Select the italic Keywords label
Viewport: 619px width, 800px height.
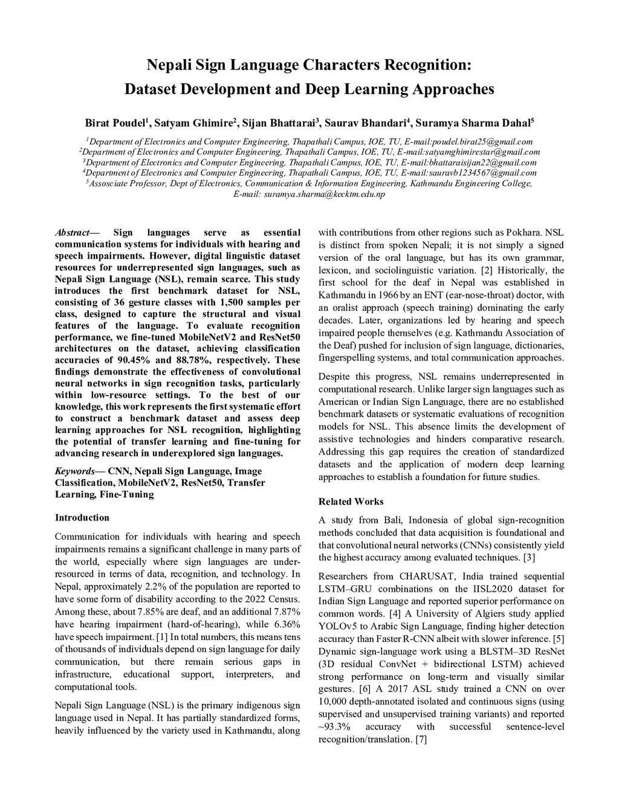point(75,471)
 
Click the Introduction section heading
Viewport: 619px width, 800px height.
point(82,517)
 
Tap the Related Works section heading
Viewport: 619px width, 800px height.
point(351,501)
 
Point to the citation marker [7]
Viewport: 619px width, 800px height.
point(421,739)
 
